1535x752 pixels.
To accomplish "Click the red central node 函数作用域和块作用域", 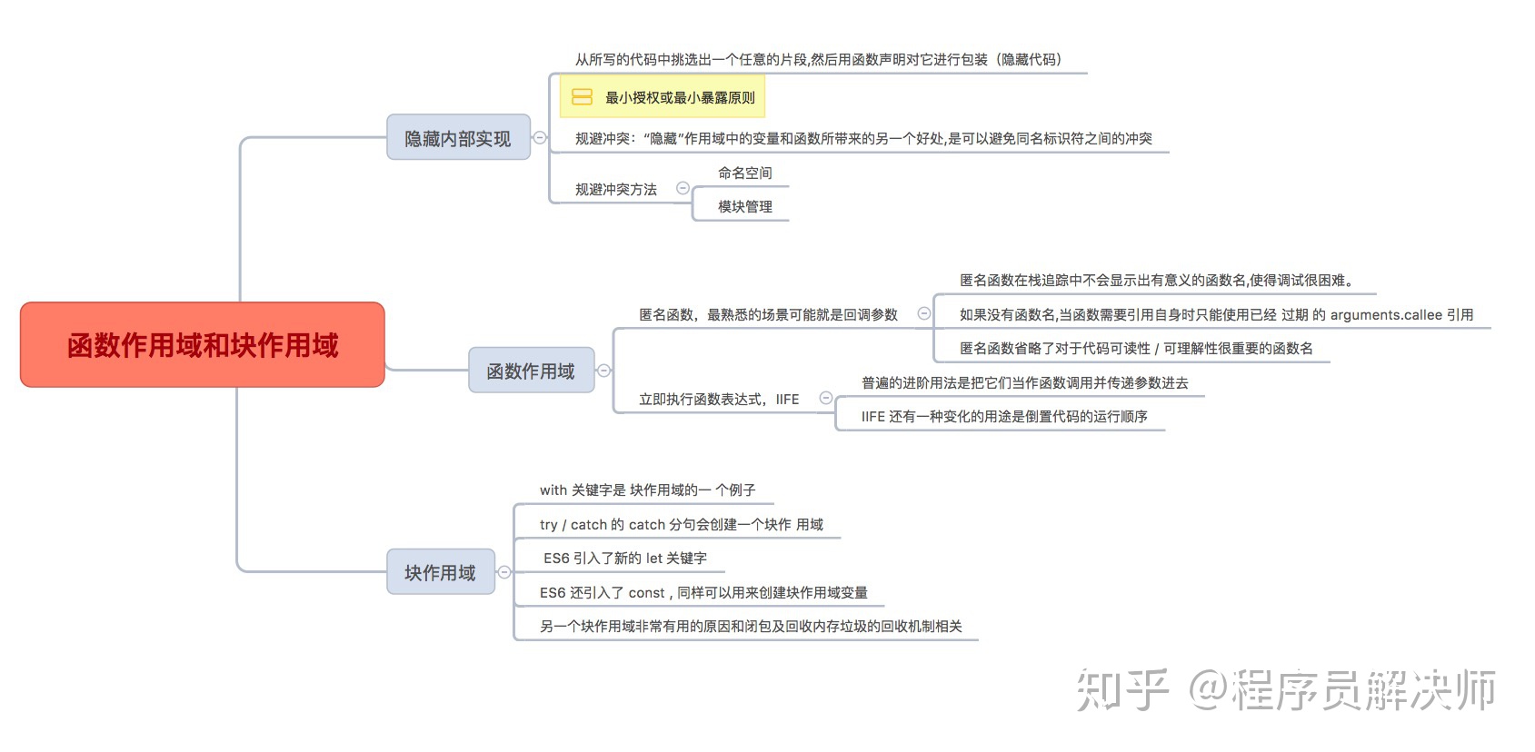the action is [x=202, y=344].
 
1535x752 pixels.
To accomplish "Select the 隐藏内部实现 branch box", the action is [x=458, y=137].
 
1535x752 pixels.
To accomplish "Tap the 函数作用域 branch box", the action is [x=531, y=370].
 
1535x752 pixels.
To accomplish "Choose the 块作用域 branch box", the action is [x=441, y=571].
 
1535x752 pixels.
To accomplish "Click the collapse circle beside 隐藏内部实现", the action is [x=540, y=138].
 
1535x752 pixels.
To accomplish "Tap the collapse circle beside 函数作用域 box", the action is [x=603, y=371].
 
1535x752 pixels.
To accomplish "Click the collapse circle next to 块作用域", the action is [x=504, y=572].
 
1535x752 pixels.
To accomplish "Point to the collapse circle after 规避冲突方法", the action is [x=683, y=188].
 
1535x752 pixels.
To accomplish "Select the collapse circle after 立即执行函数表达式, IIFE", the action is [x=826, y=398].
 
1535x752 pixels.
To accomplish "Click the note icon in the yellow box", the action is [x=582, y=97].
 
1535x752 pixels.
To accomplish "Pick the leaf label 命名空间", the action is [x=745, y=173].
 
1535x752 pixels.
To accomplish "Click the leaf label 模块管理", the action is [x=745, y=206].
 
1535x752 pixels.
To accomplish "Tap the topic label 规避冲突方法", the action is [x=616, y=189].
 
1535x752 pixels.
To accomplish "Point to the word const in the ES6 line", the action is [x=646, y=592].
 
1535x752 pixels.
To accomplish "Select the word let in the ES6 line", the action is [x=654, y=559].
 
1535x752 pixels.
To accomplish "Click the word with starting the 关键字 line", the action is [x=553, y=490].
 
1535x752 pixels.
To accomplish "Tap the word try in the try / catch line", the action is [x=548, y=525].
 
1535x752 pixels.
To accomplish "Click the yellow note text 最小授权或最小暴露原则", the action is [x=680, y=97].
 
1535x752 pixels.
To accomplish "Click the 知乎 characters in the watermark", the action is [x=1121, y=689].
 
